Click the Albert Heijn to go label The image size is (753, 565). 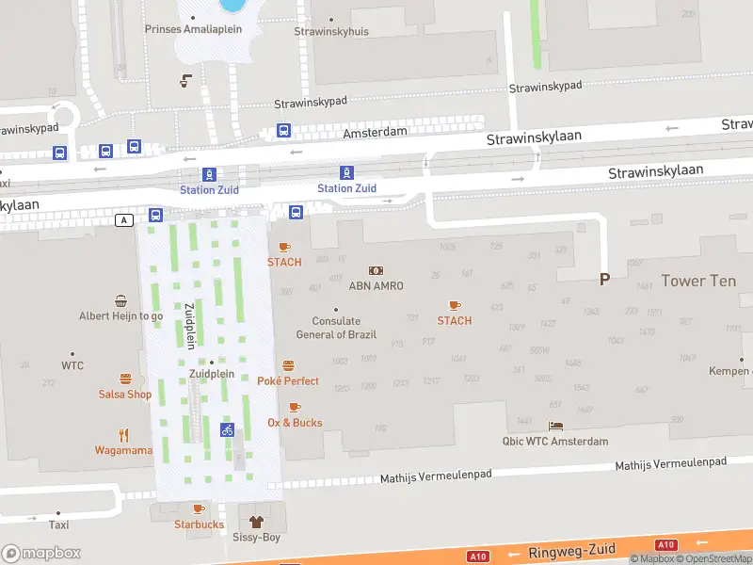click(120, 316)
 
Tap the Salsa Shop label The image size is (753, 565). click(124, 395)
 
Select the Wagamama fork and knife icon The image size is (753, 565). click(123, 434)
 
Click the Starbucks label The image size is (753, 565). click(199, 525)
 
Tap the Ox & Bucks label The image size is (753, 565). click(295, 423)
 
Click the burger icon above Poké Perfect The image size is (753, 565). click(288, 365)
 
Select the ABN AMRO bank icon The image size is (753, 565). click(376, 270)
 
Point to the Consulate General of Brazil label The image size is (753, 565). click(336, 328)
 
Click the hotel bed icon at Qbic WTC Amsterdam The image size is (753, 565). click(555, 427)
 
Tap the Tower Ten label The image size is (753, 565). click(697, 281)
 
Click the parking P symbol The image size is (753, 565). click(604, 279)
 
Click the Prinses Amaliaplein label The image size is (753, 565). click(193, 29)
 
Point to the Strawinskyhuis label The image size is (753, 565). click(331, 31)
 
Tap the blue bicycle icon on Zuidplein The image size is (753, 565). click(227, 429)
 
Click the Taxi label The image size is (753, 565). click(58, 525)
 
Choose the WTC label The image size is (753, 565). click(72, 365)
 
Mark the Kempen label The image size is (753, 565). click(730, 371)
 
